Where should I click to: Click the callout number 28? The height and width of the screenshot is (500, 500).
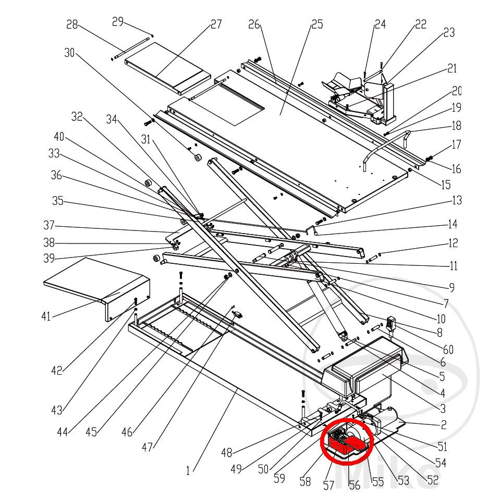72,25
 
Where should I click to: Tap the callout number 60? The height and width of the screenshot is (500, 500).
448,349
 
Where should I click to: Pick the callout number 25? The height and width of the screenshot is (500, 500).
316,24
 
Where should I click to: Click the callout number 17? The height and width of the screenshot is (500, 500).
456,144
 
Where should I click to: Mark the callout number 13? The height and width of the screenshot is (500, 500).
457,200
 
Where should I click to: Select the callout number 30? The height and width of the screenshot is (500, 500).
70,53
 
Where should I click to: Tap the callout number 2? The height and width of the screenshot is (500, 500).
443,425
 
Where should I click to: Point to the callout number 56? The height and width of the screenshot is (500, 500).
354,485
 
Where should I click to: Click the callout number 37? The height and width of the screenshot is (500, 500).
49,226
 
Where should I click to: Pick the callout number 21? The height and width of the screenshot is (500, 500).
452,68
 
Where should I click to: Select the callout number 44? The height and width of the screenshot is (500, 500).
63,432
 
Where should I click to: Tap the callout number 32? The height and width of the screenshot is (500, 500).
77,117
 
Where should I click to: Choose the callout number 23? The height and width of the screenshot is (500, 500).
448,32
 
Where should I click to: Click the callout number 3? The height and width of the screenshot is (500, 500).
443,408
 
